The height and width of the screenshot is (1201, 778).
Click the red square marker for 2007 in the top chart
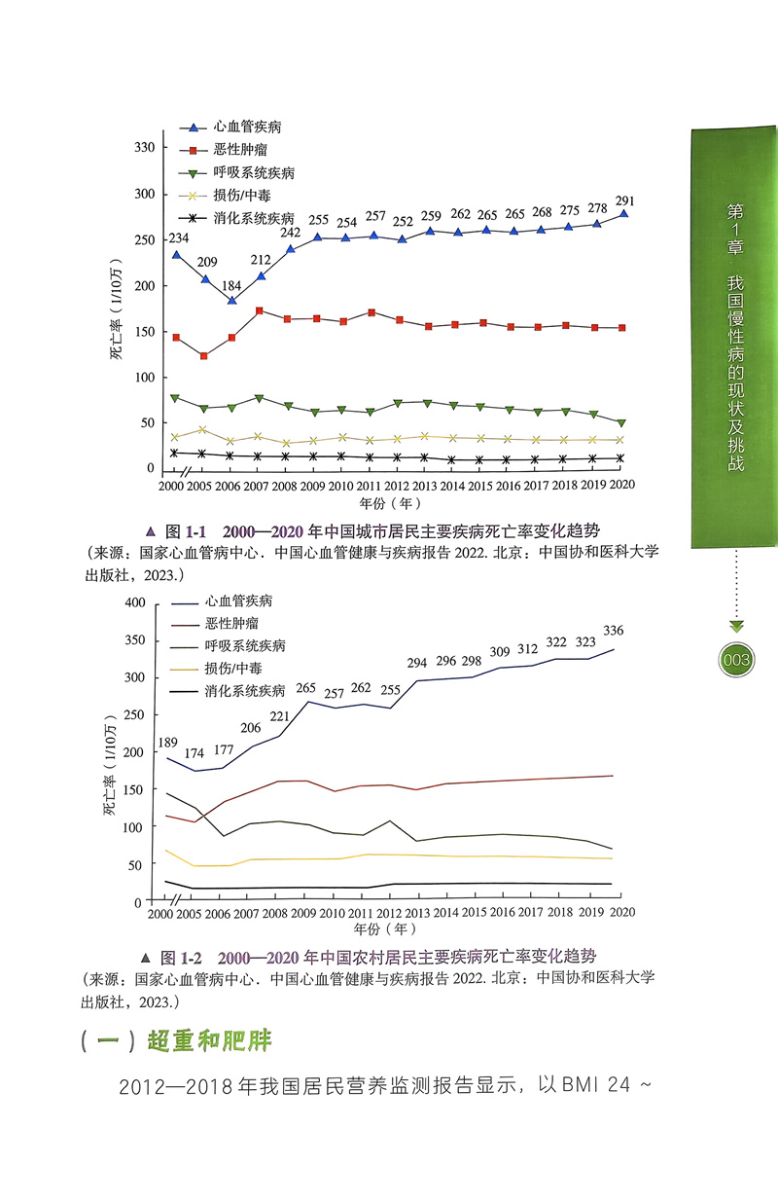click(x=260, y=311)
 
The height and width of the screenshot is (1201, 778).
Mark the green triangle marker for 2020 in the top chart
click(x=621, y=423)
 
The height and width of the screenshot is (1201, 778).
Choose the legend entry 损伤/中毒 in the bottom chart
click(x=232, y=669)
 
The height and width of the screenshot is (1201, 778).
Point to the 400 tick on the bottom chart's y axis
click(x=134, y=603)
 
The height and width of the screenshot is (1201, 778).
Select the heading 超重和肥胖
click(x=209, y=1041)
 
